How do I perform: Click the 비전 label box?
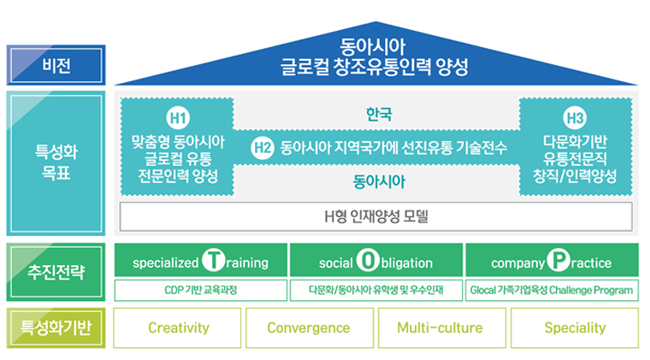56,65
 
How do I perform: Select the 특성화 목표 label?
56,162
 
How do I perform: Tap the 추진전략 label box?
56,272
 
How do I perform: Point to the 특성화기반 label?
56,328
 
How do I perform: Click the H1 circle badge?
178,118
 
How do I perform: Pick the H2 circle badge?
263,148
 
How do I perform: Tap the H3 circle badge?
575,118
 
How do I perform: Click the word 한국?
379,115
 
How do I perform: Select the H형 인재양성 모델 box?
376,216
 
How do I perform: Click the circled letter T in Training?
214,260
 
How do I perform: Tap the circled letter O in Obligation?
368,260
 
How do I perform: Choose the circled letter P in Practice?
558,260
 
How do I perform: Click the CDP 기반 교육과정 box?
201,290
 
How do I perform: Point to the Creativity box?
177,328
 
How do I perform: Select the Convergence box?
310,328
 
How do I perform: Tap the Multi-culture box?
442,328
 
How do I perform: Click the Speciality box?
575,328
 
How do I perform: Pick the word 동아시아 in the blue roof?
372,46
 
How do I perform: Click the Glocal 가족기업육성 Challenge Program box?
552,290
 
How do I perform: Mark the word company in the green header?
517,263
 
